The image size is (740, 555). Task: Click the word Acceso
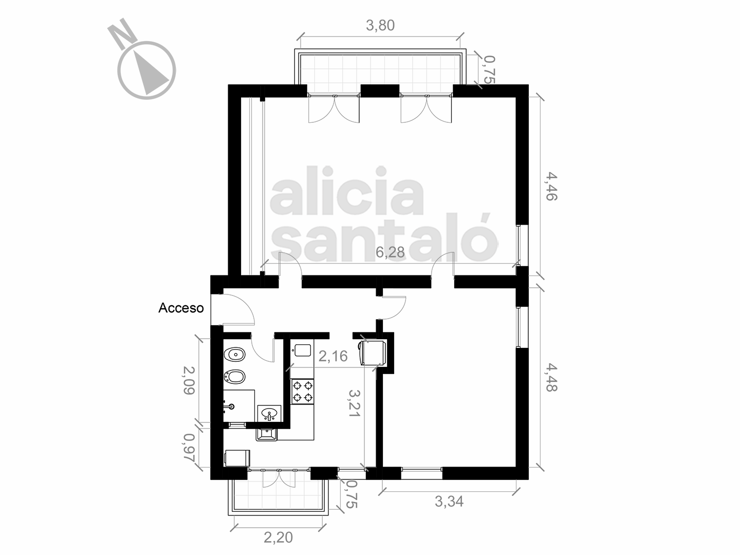[181, 308]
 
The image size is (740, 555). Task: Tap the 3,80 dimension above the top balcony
[380, 26]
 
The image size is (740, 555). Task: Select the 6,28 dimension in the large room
[390, 252]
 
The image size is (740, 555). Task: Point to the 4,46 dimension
[551, 187]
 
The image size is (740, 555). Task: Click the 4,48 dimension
[551, 377]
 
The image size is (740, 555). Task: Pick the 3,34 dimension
[449, 502]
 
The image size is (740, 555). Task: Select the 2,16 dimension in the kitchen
[333, 356]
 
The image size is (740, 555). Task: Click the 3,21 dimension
[355, 403]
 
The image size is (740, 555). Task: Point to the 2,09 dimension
[189, 380]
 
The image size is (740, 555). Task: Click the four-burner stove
[302, 392]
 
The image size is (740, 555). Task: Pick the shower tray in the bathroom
[239, 406]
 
